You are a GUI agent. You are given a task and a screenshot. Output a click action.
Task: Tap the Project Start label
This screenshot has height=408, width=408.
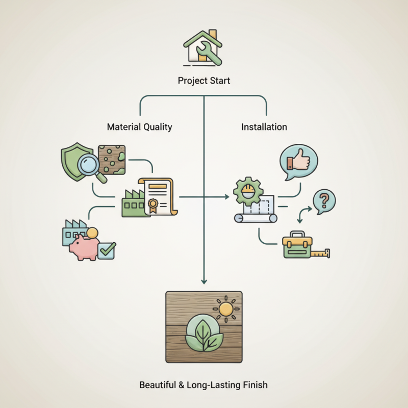pyautogui.click(x=203, y=81)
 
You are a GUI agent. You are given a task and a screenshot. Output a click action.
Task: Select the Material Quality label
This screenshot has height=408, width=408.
pyautogui.click(x=139, y=126)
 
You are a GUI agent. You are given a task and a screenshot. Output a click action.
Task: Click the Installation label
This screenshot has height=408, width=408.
pyautogui.click(x=264, y=126)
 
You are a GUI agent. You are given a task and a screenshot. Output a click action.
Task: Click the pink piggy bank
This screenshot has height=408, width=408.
pyautogui.click(x=83, y=246)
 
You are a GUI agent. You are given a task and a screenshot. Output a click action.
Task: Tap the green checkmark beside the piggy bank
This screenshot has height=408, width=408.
pyautogui.click(x=108, y=249)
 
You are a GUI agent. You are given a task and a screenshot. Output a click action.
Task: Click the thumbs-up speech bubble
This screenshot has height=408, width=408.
pyautogui.click(x=298, y=162)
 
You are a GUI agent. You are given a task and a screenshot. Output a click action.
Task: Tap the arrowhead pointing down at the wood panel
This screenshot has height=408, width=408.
pyautogui.click(x=204, y=280)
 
